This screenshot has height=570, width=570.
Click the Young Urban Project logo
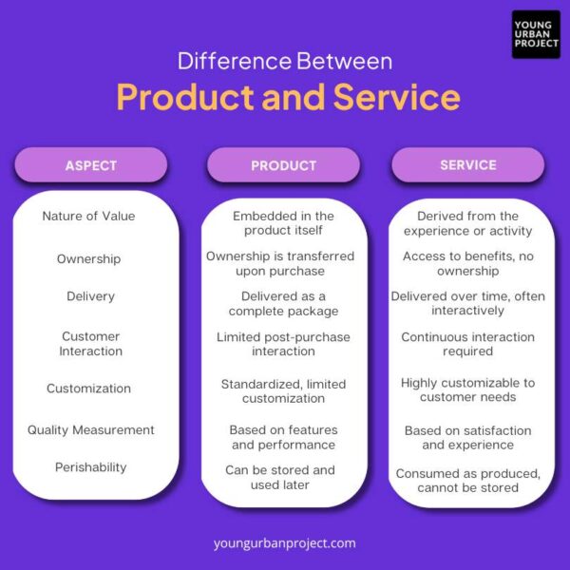536,34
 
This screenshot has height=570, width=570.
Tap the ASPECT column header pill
91,165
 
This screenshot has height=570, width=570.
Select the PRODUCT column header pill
283,165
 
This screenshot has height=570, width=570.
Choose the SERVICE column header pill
467,165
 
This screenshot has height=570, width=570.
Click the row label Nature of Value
88,216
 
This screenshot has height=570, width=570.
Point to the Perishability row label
90,467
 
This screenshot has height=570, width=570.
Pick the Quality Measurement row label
90,429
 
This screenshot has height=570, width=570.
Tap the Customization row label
89,389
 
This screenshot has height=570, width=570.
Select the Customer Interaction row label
91,344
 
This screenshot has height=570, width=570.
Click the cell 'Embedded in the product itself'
283,223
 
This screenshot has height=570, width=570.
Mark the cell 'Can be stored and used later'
280,477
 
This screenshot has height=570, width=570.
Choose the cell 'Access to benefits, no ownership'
467,264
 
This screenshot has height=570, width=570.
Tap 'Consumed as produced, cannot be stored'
467,481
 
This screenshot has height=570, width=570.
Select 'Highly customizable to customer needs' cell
467,389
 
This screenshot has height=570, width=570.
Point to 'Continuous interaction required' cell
467,344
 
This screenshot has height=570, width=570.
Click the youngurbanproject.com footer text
285,543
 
